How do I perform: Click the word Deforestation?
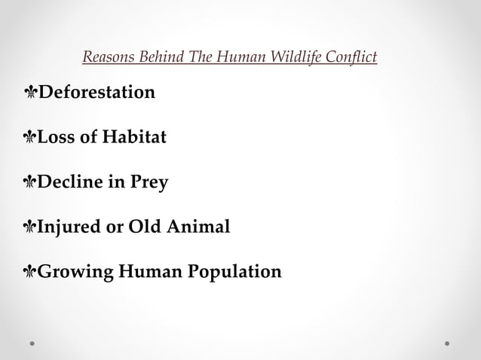click(x=97, y=93)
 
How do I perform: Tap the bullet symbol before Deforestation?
click(x=31, y=93)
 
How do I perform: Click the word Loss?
click(x=58, y=139)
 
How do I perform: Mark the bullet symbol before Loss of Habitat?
click(x=31, y=139)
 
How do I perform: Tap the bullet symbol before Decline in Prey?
click(x=31, y=183)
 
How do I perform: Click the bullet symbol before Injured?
click(x=31, y=227)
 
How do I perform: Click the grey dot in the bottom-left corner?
click(x=32, y=343)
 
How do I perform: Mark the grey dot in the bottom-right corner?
click(x=447, y=343)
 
